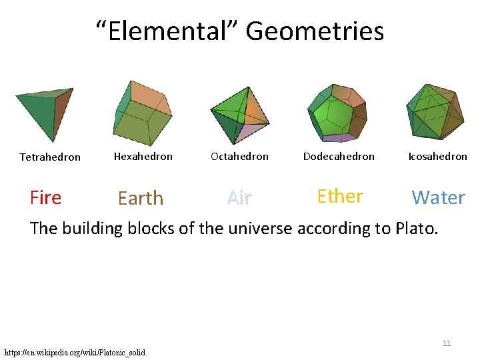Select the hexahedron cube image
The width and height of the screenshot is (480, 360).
[x=142, y=113]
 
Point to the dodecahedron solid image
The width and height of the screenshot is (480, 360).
[x=336, y=113]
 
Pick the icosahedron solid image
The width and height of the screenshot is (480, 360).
[x=435, y=111]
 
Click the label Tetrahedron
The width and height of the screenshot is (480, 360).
[x=50, y=157]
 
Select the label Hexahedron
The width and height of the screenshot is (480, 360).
[x=143, y=157]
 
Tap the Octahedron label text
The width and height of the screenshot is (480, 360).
[x=239, y=157]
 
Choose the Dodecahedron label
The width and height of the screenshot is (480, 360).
[x=339, y=157]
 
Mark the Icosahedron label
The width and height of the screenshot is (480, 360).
[x=437, y=157]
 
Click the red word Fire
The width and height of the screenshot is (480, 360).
[x=46, y=197]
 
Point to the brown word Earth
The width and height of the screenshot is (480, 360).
[x=140, y=198]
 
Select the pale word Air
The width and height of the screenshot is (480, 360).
[x=239, y=197]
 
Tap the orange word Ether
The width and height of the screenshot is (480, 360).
[x=340, y=196]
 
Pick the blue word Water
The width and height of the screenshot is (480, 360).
[x=438, y=197]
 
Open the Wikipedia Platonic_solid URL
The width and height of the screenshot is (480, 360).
[x=75, y=352]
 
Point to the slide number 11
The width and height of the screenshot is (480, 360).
[x=447, y=343]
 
